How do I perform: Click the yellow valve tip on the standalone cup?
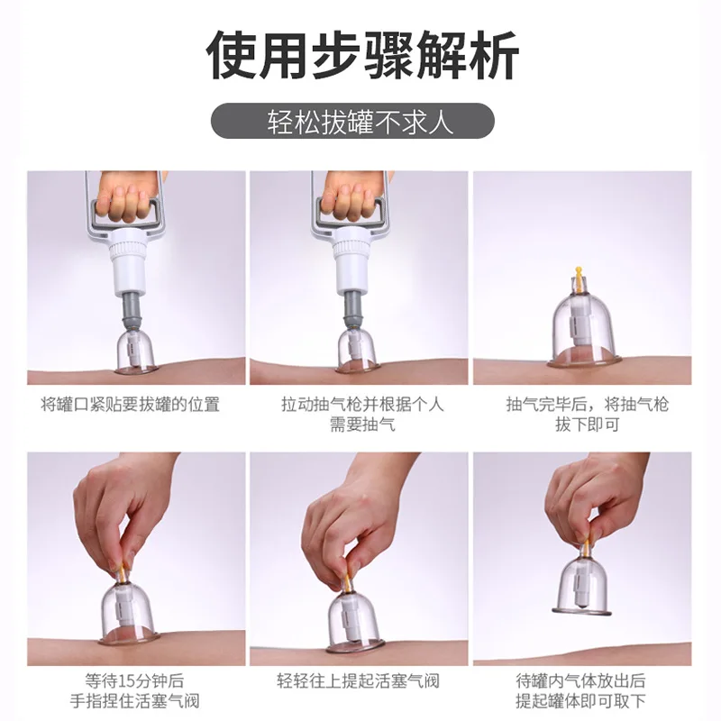tap(578, 273)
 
